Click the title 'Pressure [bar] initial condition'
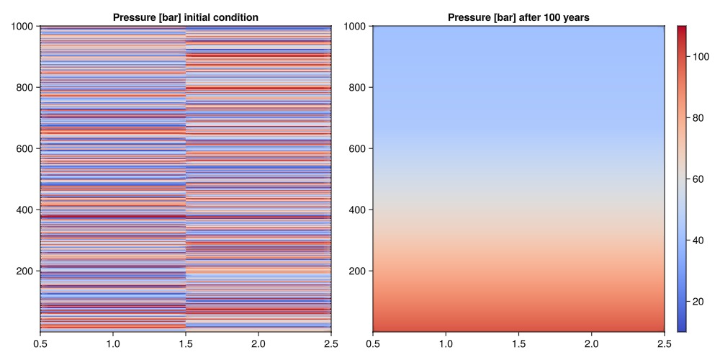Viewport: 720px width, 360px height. [186, 17]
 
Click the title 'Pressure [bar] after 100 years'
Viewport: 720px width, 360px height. [518, 17]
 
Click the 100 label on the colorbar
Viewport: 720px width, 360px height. [702, 57]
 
